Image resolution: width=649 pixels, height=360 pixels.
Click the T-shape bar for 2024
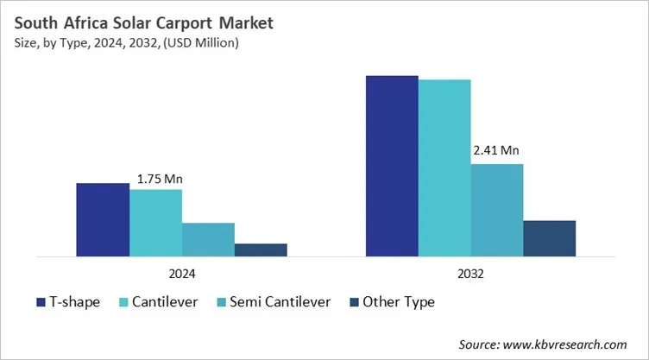[x=103, y=220]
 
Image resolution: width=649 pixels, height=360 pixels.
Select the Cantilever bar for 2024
[x=156, y=223]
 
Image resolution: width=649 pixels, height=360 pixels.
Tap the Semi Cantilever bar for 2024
[x=208, y=239]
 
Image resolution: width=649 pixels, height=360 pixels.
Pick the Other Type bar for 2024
[x=261, y=249]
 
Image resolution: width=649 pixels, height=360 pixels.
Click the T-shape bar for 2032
[x=392, y=166]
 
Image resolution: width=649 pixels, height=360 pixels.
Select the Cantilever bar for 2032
[x=444, y=167]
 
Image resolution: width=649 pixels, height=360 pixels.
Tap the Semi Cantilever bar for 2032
[x=497, y=210]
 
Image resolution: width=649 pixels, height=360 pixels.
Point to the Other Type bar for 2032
[x=549, y=238]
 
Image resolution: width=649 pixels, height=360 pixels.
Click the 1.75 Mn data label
[x=160, y=180]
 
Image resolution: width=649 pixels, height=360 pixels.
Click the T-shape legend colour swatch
[x=41, y=302]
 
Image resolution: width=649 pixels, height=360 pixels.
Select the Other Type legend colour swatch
[x=356, y=302]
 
